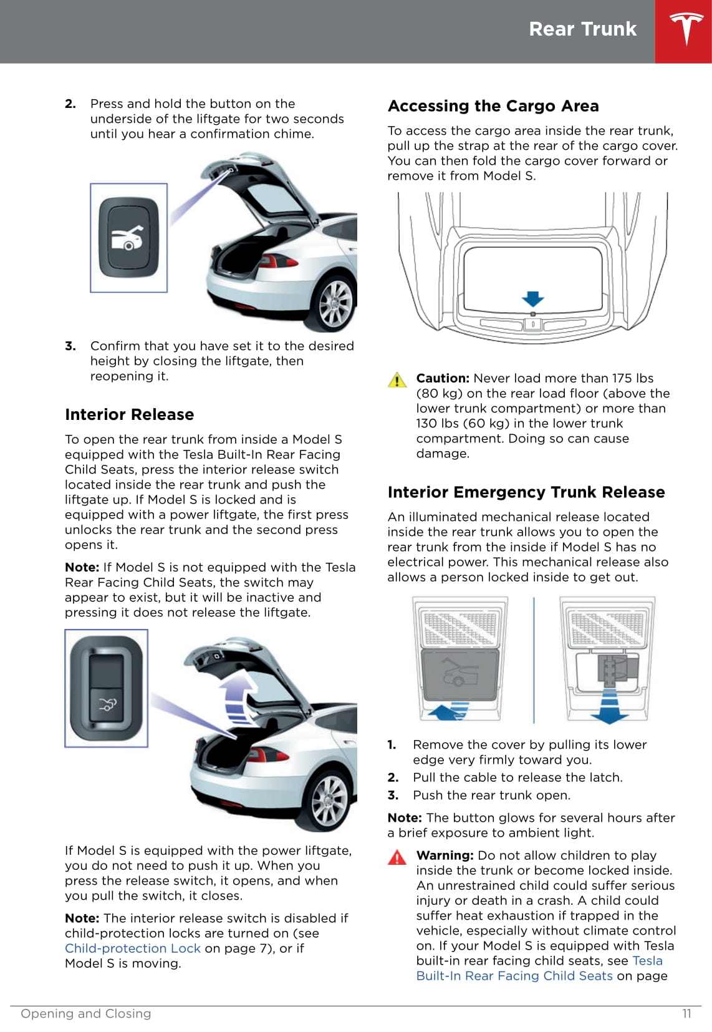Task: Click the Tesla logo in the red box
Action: (x=686, y=29)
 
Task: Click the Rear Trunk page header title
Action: (x=582, y=29)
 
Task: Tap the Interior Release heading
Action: (x=129, y=415)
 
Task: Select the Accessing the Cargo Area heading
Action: (x=493, y=106)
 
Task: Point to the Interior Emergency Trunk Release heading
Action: (x=526, y=492)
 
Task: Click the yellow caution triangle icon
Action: (x=397, y=379)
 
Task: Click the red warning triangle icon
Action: (x=397, y=857)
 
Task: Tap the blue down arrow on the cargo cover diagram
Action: (x=532, y=299)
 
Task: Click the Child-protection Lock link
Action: (x=133, y=948)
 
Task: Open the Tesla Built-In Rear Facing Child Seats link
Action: (x=514, y=976)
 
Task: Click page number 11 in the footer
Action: (x=686, y=1013)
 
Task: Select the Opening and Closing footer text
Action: (x=86, y=1013)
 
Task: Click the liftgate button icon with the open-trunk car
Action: (x=128, y=238)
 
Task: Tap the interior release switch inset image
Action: (x=107, y=688)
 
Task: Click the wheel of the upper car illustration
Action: (x=335, y=304)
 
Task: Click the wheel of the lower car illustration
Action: (x=328, y=801)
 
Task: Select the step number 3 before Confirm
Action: (x=70, y=346)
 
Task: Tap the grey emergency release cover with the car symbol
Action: (x=460, y=676)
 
